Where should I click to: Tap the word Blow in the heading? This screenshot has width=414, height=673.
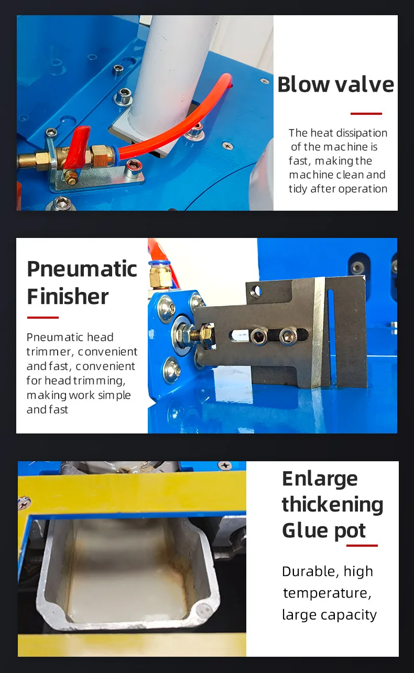coord(303,84)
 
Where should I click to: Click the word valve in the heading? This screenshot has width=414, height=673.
coord(364,84)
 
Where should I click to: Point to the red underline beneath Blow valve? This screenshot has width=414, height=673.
coord(366,114)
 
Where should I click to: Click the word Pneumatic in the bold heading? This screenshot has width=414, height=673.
coord(82,269)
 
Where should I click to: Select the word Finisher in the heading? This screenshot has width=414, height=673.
coord(68,296)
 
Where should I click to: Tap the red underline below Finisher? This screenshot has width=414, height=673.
coord(42,317)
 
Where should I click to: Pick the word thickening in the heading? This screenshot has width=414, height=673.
coord(333,505)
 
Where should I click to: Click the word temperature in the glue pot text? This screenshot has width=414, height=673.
coord(327,593)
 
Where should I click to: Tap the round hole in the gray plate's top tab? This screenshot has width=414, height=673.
coord(256,290)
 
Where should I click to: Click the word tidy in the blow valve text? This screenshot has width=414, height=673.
coord(298,189)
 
